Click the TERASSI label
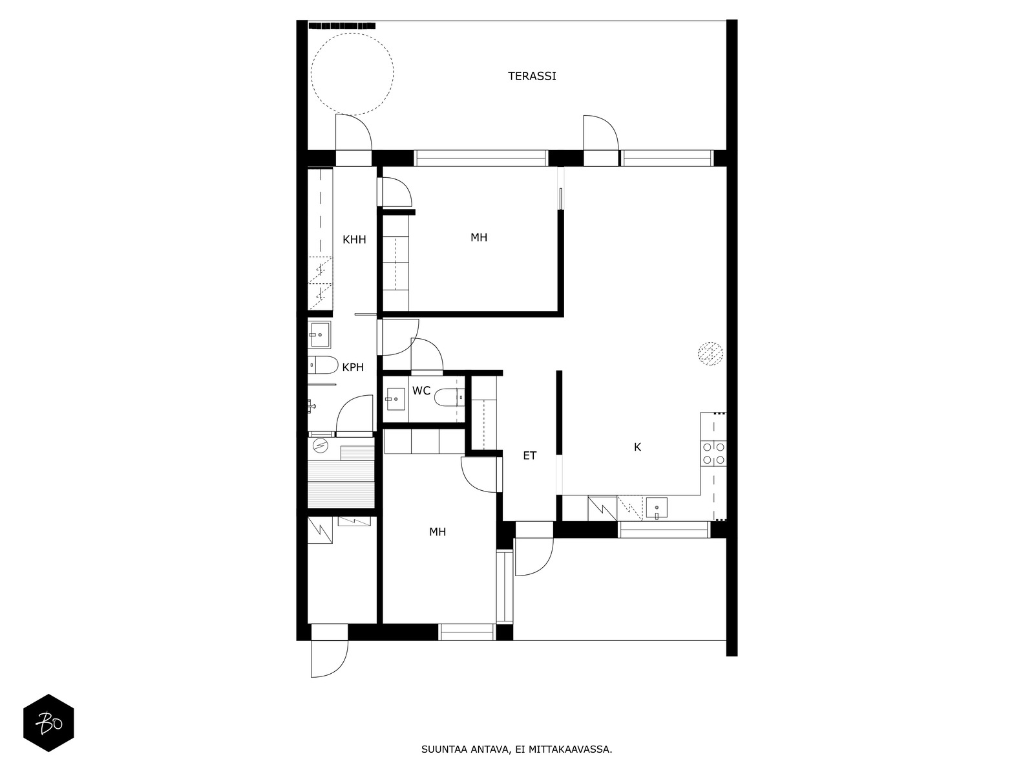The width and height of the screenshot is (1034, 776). [x=532, y=76]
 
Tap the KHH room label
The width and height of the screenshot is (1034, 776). [x=354, y=240]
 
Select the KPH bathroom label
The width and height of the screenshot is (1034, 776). [x=353, y=367]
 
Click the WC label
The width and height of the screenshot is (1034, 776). [x=421, y=391]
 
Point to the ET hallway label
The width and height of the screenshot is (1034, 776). [x=529, y=456]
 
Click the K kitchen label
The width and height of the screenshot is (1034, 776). [x=637, y=447]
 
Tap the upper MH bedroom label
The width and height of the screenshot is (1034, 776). [x=479, y=237]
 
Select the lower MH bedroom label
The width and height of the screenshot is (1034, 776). [x=437, y=532]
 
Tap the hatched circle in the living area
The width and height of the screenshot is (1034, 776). [x=710, y=354]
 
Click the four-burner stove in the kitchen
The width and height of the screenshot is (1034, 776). [x=713, y=453]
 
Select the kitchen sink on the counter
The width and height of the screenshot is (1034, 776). [x=657, y=508]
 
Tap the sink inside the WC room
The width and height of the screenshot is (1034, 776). [x=396, y=399]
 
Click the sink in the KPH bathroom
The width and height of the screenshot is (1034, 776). [x=319, y=334]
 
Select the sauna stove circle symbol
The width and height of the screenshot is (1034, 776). [x=321, y=446]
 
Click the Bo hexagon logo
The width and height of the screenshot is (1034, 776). [x=48, y=723]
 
